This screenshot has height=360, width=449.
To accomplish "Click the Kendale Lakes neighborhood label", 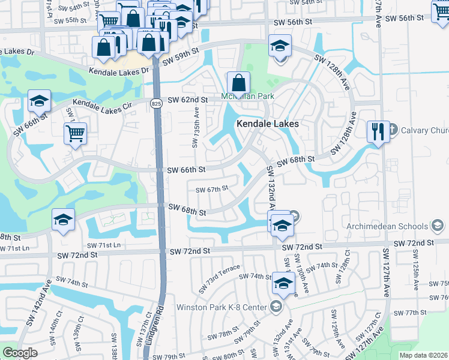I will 268,124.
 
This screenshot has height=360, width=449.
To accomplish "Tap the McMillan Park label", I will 247,96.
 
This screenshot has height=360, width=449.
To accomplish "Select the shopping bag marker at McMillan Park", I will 238,83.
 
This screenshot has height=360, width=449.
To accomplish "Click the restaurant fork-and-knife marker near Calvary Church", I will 378,131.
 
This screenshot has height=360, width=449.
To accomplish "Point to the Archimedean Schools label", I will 388,226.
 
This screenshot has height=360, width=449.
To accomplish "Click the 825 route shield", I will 155,104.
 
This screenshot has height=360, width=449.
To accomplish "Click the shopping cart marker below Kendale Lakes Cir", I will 75,134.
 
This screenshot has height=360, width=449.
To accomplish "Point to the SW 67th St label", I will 212,188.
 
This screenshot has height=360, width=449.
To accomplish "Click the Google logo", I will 19,352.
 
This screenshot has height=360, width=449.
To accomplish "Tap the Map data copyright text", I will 424,355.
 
